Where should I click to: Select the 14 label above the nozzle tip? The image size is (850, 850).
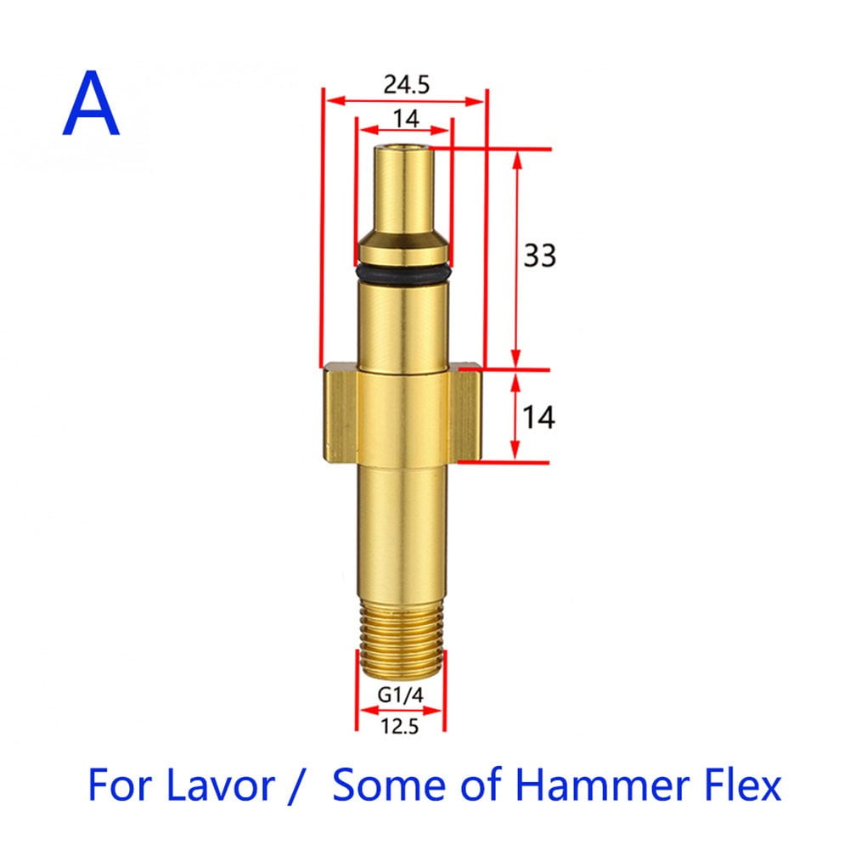(x=405, y=119)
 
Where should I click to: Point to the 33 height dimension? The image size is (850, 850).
(x=539, y=255)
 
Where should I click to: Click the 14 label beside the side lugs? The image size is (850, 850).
(x=538, y=417)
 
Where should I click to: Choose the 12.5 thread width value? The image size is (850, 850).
(x=400, y=727)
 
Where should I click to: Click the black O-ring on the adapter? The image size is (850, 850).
(x=402, y=273)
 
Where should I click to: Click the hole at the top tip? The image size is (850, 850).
(x=402, y=149)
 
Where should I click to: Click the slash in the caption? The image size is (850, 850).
(x=296, y=785)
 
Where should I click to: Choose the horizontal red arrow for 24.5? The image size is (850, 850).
(x=404, y=101)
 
